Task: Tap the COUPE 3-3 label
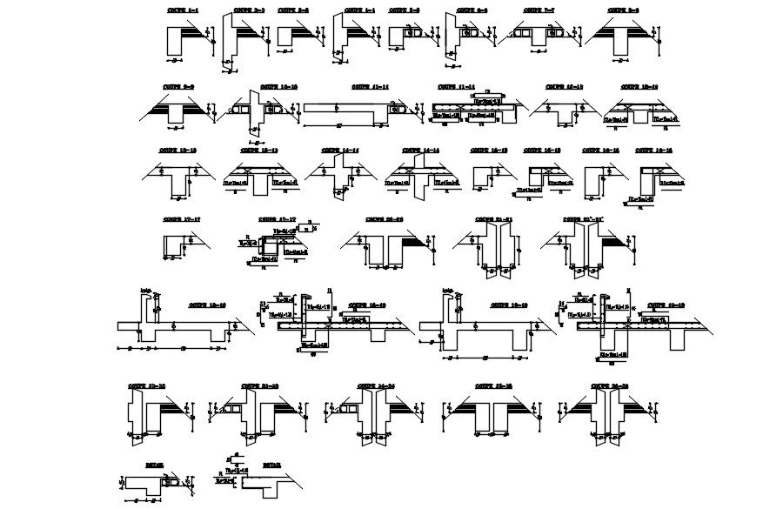(x=292, y=10)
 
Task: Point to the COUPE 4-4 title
(x=359, y=10)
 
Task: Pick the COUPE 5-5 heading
(x=405, y=10)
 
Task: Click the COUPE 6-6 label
(x=471, y=10)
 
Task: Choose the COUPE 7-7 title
(x=539, y=10)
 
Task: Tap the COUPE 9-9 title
(x=177, y=87)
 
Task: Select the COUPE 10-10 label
(x=279, y=87)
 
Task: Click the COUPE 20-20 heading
(x=384, y=219)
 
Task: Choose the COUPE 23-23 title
(x=259, y=385)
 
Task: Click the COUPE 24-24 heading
(x=375, y=385)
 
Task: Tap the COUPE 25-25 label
(x=492, y=385)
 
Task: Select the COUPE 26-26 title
(x=610, y=385)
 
